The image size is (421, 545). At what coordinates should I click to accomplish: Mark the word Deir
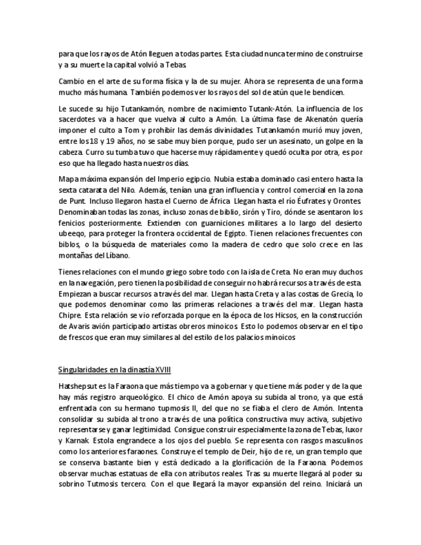coord(208,452)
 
